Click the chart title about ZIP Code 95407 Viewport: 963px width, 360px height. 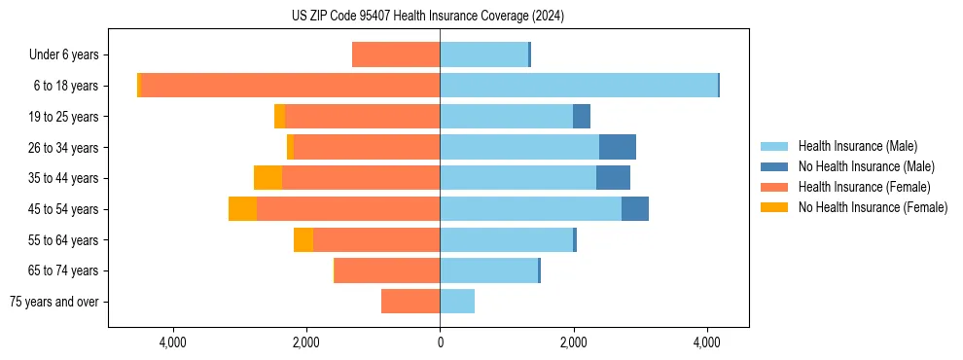427,17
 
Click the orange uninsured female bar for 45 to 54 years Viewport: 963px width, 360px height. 242,209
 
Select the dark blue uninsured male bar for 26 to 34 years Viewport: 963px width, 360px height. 617,147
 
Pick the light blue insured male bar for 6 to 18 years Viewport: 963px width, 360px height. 579,86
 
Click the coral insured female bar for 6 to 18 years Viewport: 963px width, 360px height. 290,86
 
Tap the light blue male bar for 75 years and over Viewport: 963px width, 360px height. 457,302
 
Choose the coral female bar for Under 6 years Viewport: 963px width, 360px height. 396,54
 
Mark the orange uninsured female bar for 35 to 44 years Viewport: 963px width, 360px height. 267,178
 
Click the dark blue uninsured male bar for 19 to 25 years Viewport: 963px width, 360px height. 582,117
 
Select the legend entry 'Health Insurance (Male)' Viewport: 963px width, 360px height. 857,146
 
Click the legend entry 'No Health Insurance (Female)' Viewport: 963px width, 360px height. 873,207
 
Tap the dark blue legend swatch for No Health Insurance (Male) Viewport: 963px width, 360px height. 774,166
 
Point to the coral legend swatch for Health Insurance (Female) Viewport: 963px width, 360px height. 774,187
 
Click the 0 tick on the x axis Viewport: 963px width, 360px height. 440,342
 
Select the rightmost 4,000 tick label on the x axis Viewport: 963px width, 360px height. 706,342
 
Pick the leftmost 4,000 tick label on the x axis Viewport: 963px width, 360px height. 173,342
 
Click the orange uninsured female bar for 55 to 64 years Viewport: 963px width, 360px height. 303,240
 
